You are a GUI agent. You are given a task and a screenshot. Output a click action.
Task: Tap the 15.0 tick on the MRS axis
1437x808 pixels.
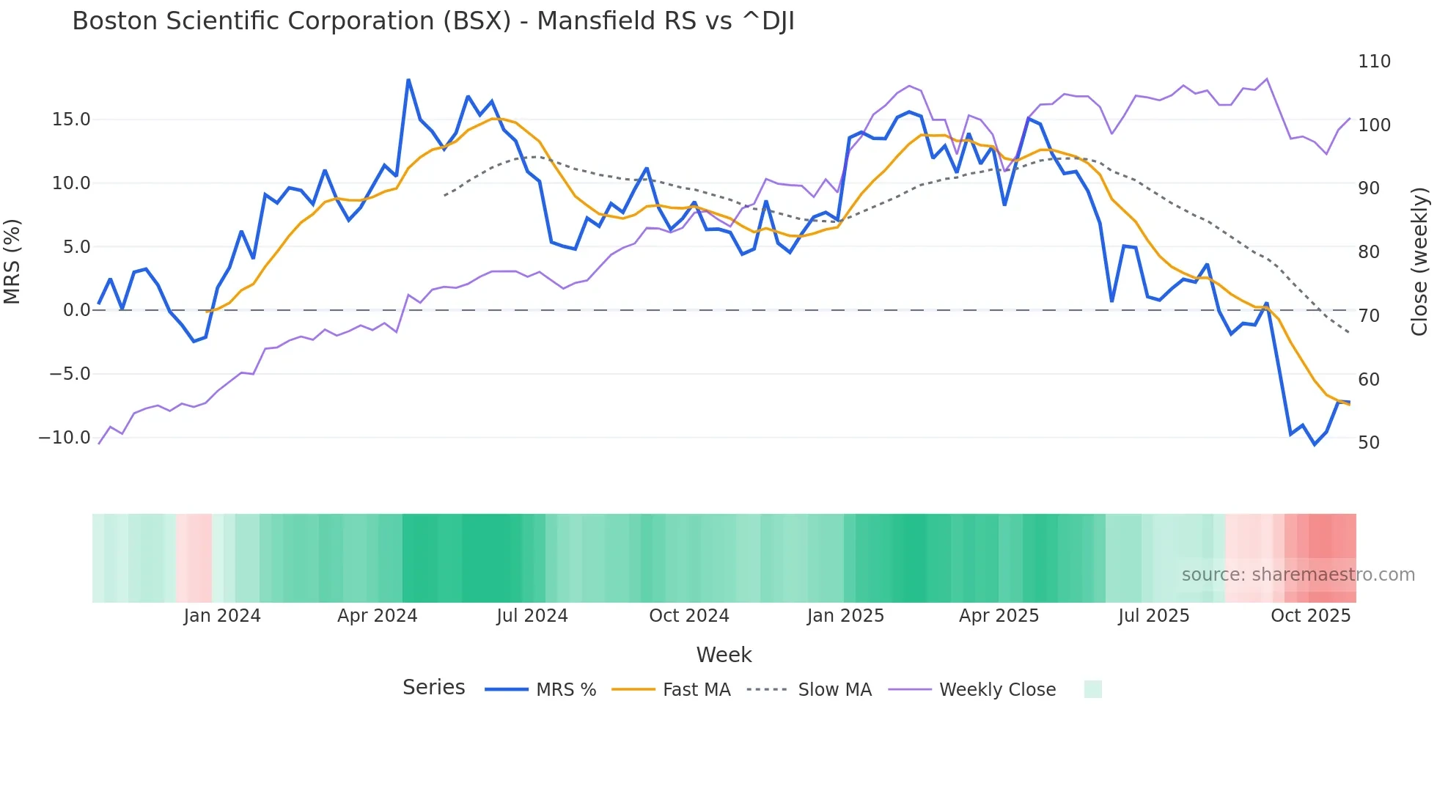(71, 120)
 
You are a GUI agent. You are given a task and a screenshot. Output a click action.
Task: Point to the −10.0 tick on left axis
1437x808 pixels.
(65, 438)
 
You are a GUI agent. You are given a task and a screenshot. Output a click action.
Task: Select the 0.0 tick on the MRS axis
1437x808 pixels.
(76, 310)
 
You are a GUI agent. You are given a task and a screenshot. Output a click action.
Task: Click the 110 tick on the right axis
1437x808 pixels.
(1374, 62)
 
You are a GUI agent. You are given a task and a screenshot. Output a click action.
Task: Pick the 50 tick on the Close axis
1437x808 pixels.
(1368, 443)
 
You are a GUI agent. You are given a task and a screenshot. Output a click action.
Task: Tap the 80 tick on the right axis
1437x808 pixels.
(1368, 252)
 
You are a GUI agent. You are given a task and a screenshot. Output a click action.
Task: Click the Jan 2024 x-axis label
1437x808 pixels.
(222, 616)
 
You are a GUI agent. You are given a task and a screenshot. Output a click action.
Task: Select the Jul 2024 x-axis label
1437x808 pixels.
(532, 616)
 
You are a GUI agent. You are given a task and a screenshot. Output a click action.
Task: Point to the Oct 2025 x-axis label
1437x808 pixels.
(1310, 616)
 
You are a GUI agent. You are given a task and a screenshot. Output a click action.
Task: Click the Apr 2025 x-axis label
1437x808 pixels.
(999, 616)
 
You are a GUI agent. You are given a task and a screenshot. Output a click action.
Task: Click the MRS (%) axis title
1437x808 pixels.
(12, 261)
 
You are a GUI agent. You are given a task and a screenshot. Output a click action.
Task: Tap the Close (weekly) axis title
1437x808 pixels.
(1419, 261)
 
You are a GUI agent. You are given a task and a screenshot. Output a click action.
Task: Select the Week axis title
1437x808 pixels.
(724, 655)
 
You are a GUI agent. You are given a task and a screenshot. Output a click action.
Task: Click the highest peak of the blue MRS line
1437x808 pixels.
(408, 80)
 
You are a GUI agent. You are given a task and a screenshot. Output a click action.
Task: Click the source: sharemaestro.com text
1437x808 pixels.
(1298, 575)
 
